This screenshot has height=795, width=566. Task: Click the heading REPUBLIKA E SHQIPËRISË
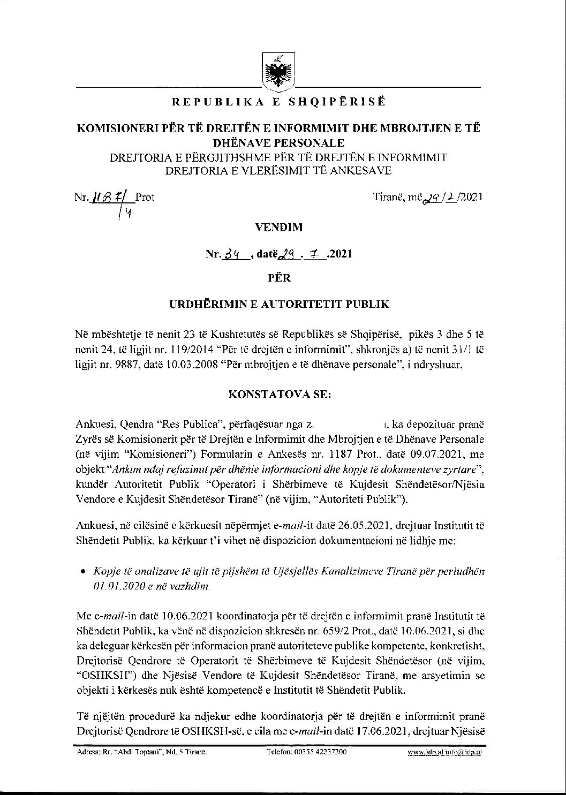[278, 101]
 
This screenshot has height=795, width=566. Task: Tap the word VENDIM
[278, 227]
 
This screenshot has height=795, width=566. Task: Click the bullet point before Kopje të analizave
[82, 571]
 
